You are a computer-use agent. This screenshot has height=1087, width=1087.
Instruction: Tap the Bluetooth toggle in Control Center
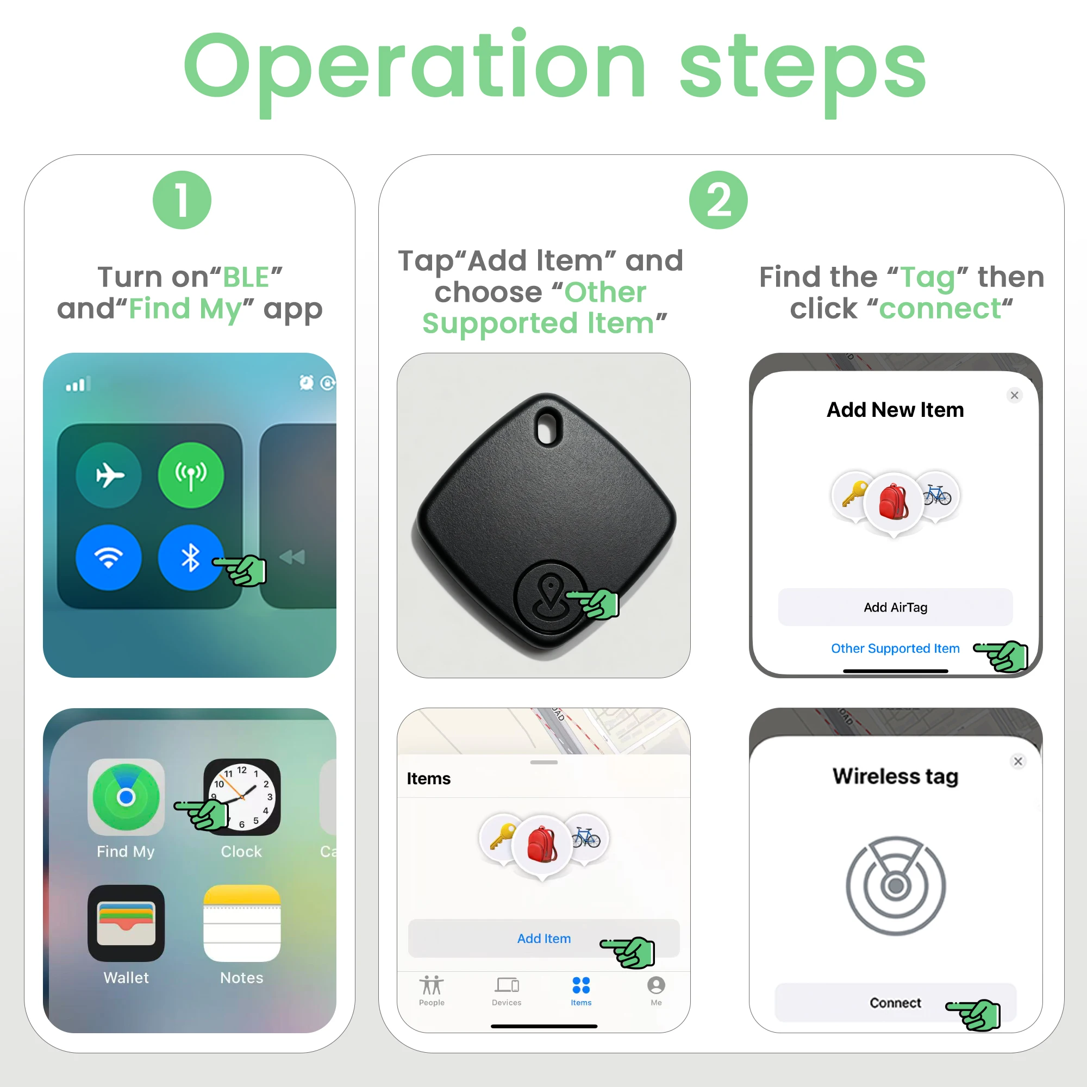[x=191, y=557]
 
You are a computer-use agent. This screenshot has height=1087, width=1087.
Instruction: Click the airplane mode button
[x=109, y=476]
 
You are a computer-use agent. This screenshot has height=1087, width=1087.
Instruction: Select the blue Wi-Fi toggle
[x=109, y=557]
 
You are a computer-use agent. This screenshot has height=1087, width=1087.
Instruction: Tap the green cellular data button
[x=191, y=476]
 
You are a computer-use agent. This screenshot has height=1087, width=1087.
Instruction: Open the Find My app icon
[x=126, y=797]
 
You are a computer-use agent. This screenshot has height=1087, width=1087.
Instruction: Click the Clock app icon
[x=242, y=797]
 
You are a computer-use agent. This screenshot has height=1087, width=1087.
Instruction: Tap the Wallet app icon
[x=126, y=923]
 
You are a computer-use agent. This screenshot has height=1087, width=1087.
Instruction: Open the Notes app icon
[x=242, y=923]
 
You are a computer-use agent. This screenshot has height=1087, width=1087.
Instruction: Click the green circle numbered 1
[x=182, y=199]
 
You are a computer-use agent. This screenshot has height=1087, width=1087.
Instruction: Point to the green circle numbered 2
[x=718, y=199]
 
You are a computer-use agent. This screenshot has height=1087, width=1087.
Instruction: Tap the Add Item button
[x=543, y=938]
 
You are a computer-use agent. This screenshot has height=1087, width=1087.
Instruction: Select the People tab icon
[x=432, y=985]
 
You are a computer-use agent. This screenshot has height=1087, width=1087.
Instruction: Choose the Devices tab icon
[x=507, y=985]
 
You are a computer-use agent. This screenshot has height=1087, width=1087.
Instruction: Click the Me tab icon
[x=656, y=985]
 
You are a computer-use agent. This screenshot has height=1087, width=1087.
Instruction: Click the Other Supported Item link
[x=895, y=648]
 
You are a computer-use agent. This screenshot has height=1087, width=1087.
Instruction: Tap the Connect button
[x=895, y=1002]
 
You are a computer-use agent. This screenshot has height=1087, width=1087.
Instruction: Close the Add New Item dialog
[x=1014, y=395]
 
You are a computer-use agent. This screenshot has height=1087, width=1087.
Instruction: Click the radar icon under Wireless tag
[x=895, y=885]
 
